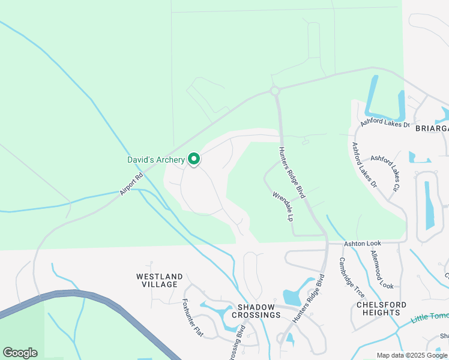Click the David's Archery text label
pyautogui.click(x=156, y=160)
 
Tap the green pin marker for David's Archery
pyautogui.click(x=194, y=159)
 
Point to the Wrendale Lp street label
pyautogui.click(x=282, y=206)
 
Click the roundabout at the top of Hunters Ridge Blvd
pyautogui.click(x=276, y=91)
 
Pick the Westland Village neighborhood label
pyautogui.click(x=157, y=280)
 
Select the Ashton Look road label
pyautogui.click(x=362, y=244)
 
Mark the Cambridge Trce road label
pyautogui.click(x=351, y=278)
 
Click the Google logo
pyautogui.click(x=20, y=353)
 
